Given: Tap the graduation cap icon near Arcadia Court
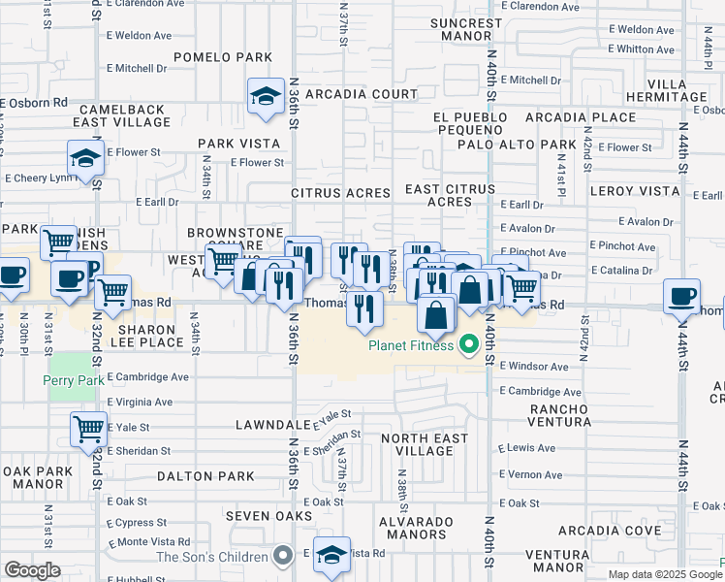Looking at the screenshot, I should point(264,96).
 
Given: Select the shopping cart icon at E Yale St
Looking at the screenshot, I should point(88,427).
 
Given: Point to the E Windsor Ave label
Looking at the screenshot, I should point(534,367).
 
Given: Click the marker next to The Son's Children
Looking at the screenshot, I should point(283,556).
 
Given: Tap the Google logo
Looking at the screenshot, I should point(32,570).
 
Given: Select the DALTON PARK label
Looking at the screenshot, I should point(205,476).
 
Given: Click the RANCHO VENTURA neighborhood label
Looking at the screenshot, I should point(559,415).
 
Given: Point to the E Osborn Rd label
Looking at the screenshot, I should point(35,102).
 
